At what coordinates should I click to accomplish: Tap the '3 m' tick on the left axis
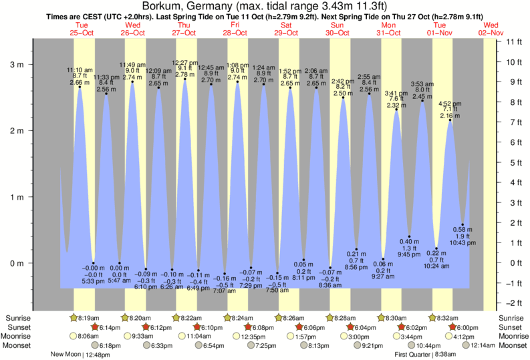point(16,65)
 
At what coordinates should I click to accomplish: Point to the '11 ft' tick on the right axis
point(513,42)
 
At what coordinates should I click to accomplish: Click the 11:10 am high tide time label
point(80,69)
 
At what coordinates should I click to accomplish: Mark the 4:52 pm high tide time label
point(449,104)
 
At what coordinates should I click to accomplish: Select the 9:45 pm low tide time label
point(410,254)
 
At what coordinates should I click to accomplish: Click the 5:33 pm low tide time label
point(93,281)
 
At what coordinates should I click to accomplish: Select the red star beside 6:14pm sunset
point(95,327)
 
